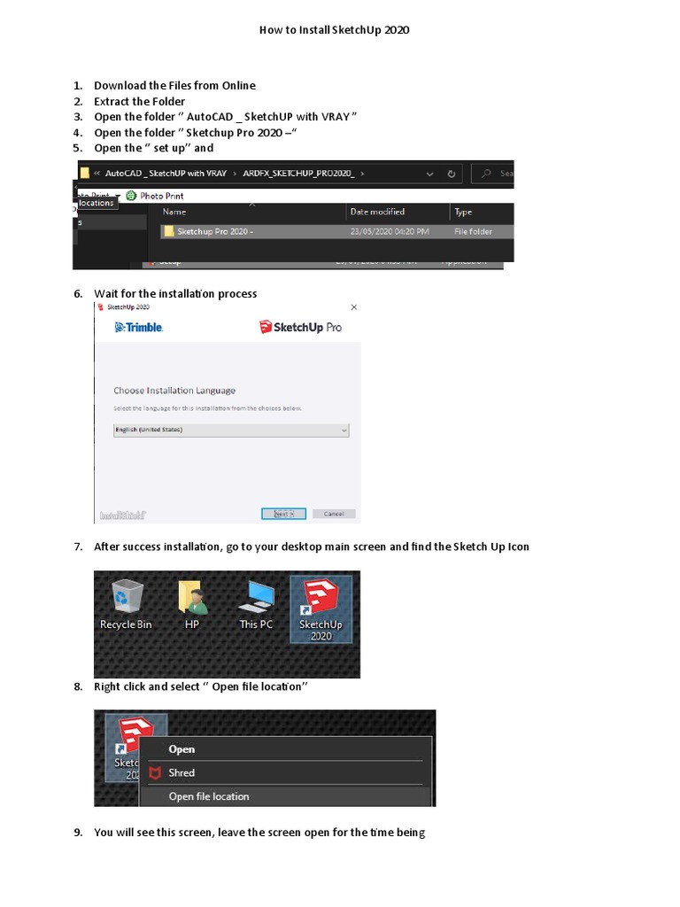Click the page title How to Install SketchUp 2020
point(334,30)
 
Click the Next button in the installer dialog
point(283,514)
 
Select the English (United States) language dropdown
point(231,430)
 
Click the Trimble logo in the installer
point(139,328)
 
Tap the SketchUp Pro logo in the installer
point(300,328)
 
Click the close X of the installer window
point(354,307)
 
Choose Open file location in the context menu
point(209,796)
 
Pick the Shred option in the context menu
point(182,772)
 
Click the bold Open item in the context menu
point(182,749)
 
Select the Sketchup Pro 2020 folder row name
point(214,232)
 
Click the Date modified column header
point(377,213)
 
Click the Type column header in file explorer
point(463,213)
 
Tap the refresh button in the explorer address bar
point(452,174)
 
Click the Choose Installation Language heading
point(174,391)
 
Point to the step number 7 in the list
point(78,547)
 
